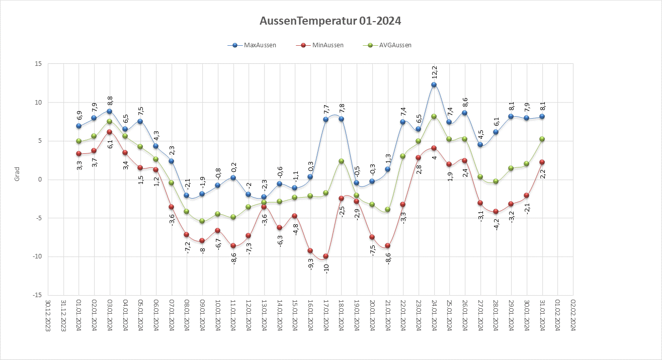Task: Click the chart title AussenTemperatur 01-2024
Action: click(330, 21)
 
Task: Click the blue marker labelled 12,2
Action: click(434, 85)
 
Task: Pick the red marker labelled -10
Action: click(325, 256)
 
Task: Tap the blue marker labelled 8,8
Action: click(110, 112)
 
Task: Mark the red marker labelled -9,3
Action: click(310, 251)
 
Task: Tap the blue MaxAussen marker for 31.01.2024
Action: click(542, 117)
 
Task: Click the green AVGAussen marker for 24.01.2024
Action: click(434, 117)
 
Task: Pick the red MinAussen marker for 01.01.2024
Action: click(79, 154)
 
